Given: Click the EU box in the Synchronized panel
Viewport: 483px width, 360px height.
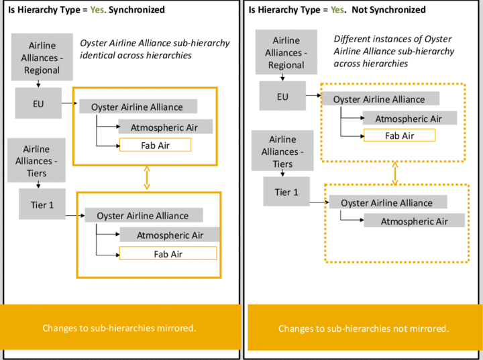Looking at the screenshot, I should (38, 103).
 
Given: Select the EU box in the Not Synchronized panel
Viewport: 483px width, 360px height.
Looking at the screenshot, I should (282, 97).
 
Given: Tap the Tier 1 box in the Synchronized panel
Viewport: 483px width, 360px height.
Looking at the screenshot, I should (42, 205).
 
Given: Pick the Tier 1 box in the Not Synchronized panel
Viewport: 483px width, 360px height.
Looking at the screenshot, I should (286, 192).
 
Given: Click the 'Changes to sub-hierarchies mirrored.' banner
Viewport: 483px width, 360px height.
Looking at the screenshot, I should (119, 328).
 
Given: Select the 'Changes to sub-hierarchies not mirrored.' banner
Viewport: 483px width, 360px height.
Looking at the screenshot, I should (363, 328).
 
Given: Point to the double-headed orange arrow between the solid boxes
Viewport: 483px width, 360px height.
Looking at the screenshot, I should (146, 178).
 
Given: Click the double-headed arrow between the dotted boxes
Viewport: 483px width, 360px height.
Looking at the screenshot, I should (394, 172).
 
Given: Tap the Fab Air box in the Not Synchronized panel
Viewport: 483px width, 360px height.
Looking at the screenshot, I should (399, 135).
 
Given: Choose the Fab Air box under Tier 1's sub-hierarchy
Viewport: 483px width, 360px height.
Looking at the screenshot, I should (168, 253).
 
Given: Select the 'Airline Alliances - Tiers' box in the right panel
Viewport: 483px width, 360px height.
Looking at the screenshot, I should (282, 151).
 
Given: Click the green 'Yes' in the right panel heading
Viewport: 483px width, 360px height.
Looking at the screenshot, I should (337, 10).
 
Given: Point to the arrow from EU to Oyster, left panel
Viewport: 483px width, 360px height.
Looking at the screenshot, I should (68, 103).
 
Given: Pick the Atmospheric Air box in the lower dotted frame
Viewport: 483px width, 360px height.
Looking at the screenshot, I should (414, 221).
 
